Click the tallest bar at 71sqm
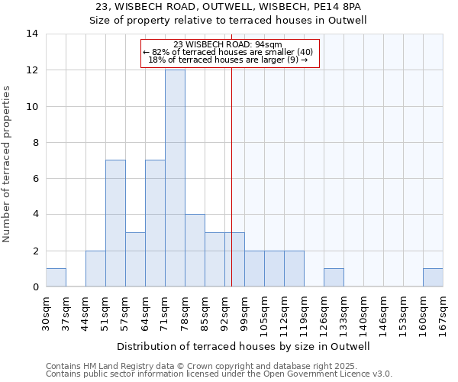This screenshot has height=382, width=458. [175, 178]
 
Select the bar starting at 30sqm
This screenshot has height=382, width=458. [56, 277]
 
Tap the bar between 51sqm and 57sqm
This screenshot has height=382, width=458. [115, 223]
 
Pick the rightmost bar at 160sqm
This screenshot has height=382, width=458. [433, 277]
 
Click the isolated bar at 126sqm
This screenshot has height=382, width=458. [334, 277]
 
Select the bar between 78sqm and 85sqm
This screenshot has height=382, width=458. [195, 251]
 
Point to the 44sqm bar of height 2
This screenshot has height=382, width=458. [95, 268]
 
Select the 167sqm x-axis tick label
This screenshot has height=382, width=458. [443, 313]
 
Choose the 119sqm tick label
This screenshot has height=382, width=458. [304, 313]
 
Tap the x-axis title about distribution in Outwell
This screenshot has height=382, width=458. [244, 346]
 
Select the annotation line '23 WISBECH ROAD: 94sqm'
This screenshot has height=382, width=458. [228, 44]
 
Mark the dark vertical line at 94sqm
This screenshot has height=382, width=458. [231, 191]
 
